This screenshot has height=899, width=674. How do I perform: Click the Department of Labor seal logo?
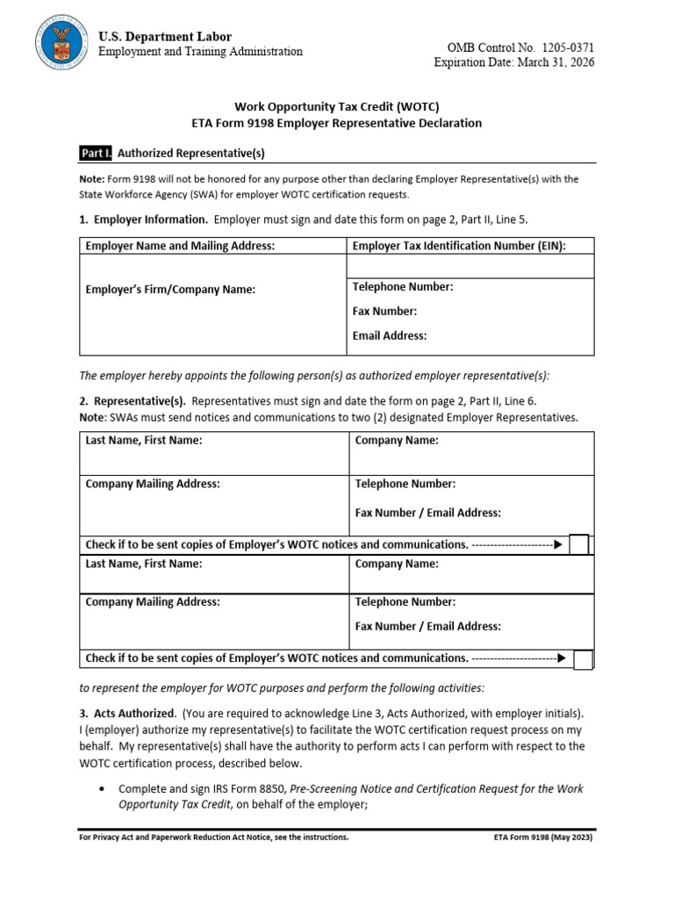(61, 44)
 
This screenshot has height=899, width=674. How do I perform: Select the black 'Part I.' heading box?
(96, 154)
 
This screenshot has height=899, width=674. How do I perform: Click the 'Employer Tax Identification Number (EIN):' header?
(459, 246)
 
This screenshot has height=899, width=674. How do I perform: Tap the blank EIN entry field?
(470, 266)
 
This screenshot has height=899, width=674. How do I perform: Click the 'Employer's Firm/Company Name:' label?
(170, 289)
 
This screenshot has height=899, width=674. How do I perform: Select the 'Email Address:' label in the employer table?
(390, 335)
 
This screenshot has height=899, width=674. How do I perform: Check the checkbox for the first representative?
(579, 545)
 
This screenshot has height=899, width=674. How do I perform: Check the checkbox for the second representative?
(583, 658)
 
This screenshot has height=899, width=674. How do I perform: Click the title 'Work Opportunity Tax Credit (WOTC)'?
(337, 105)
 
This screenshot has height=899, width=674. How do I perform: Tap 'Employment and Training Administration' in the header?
(200, 52)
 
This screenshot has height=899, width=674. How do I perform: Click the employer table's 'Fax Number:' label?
(384, 311)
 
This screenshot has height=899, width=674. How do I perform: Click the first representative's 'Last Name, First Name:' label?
(143, 441)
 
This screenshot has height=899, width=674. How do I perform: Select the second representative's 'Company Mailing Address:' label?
(152, 602)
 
